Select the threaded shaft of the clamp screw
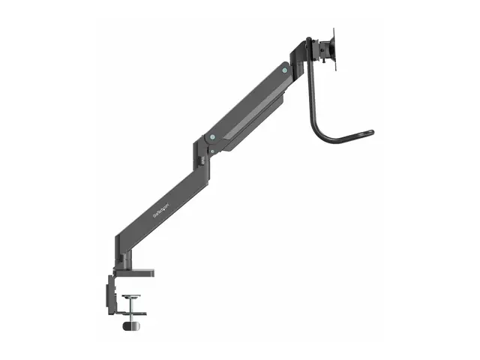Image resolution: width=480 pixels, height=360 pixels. coord(131,310)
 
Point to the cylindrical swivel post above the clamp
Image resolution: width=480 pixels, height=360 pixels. coord(120,259)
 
